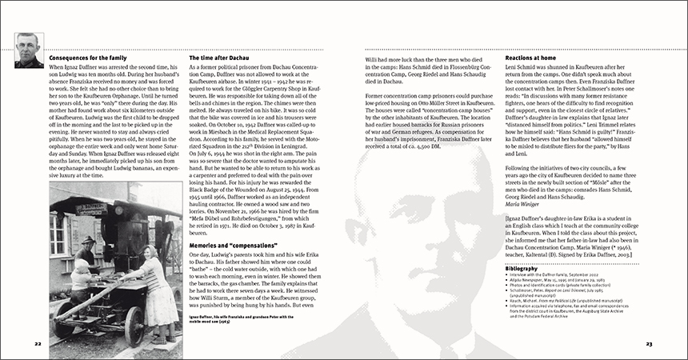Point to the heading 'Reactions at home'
coord(537,58)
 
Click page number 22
coord(38,343)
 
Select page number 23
coord(650,343)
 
